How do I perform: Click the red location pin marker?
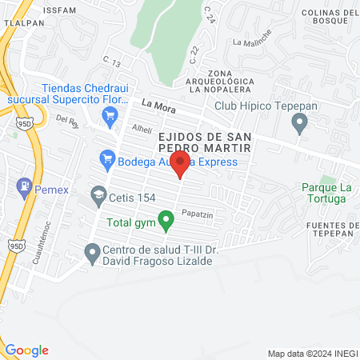point(181,166)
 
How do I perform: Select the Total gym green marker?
point(166,218)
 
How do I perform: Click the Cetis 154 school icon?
point(98,194)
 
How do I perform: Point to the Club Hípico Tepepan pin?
point(300,124)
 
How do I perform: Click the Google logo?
point(26,350)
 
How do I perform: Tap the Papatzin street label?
point(196,214)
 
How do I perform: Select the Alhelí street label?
point(141,128)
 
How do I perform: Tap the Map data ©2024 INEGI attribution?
point(311,353)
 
